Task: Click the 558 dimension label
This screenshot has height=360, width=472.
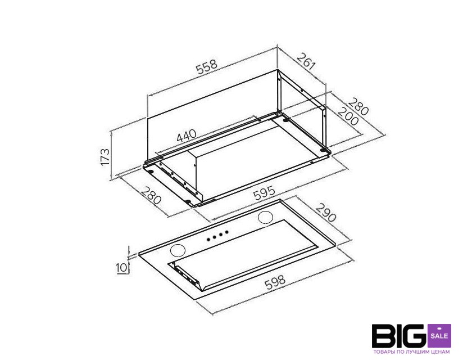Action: pos(207,67)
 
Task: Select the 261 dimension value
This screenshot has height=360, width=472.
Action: pos(306,62)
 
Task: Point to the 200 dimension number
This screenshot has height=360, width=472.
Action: pos(348,116)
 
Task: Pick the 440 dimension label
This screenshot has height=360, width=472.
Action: pos(187,136)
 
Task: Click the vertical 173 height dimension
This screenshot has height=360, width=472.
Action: pos(105,156)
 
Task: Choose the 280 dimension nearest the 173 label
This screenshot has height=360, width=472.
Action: pos(151,196)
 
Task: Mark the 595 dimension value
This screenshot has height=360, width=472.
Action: pos(264,193)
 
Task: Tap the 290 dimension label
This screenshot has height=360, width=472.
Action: pos(326,213)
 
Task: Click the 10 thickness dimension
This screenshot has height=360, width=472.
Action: pos(121,268)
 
